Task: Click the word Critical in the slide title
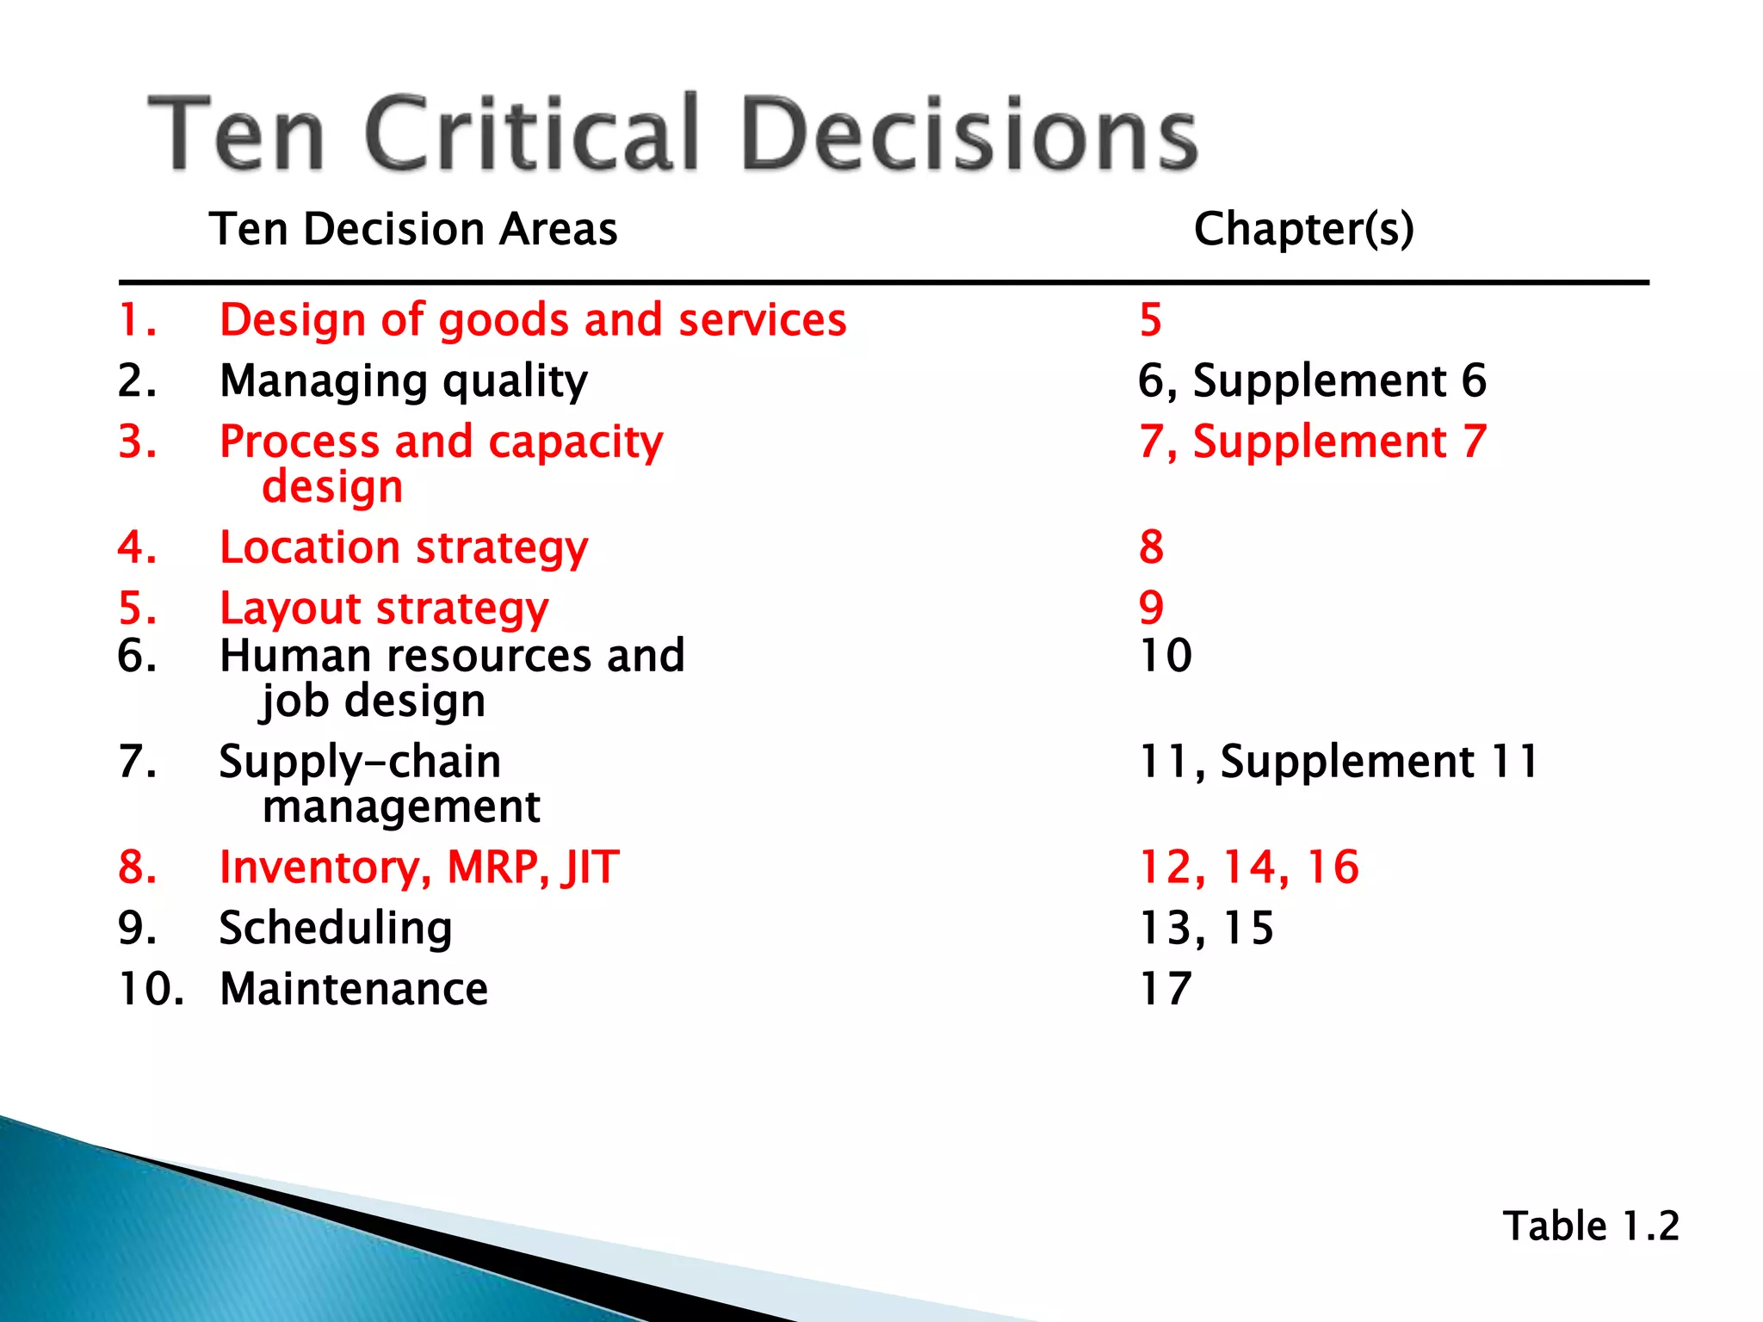[x=531, y=133]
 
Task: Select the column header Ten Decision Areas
[x=413, y=229]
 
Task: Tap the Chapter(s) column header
[x=1303, y=229]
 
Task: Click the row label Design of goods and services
[x=533, y=320]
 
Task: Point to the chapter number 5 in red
[x=1150, y=320]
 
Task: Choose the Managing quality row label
[x=404, y=381]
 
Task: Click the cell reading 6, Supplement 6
[x=1312, y=380]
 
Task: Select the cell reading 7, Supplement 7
[x=1312, y=442]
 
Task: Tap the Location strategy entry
[x=404, y=548]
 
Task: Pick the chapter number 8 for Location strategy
[x=1151, y=547]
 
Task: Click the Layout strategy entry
[x=384, y=609]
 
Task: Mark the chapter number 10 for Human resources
[x=1165, y=656]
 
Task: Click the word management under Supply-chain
[x=401, y=807]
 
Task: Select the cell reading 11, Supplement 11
[x=1338, y=762]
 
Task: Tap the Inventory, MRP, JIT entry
[x=419, y=867]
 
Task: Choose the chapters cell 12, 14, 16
[x=1248, y=867]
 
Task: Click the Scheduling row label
[x=336, y=929]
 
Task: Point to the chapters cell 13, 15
[x=1205, y=929]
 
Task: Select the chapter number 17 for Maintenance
[x=1165, y=989]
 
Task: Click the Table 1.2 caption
[x=1590, y=1226]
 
